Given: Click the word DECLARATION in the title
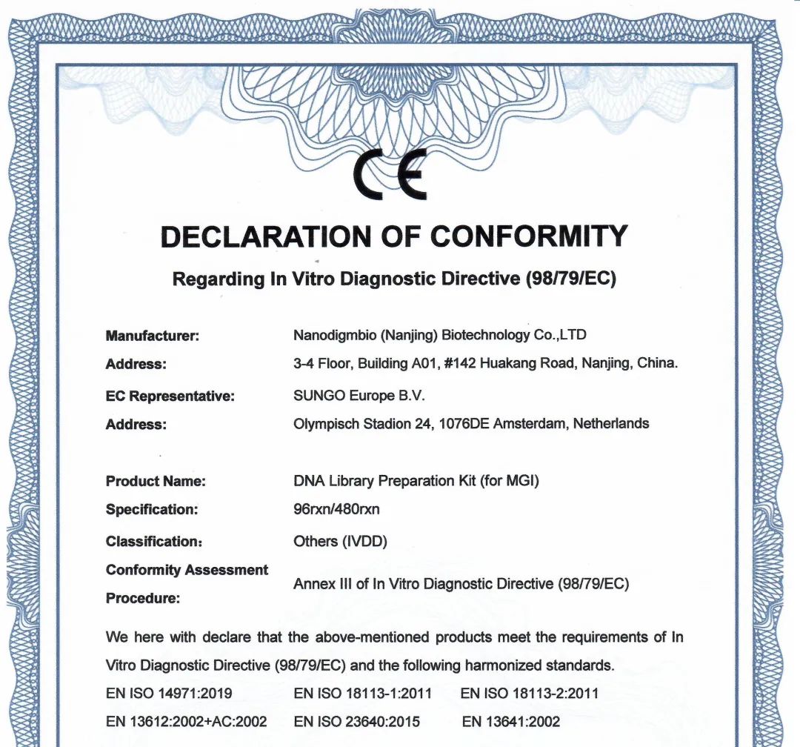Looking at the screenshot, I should (263, 237).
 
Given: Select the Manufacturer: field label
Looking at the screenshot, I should (153, 336).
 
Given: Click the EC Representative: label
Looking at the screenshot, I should (170, 396).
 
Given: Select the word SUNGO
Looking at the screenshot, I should (319, 396).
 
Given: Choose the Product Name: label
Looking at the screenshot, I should (156, 481).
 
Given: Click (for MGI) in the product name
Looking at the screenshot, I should (510, 481).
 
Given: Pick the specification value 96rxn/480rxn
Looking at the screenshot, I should (337, 510).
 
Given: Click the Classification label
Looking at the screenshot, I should (154, 542).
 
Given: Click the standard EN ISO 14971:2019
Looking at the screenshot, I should (170, 694).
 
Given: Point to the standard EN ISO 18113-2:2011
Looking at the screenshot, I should (530, 694).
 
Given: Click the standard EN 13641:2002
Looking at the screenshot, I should (511, 722).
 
